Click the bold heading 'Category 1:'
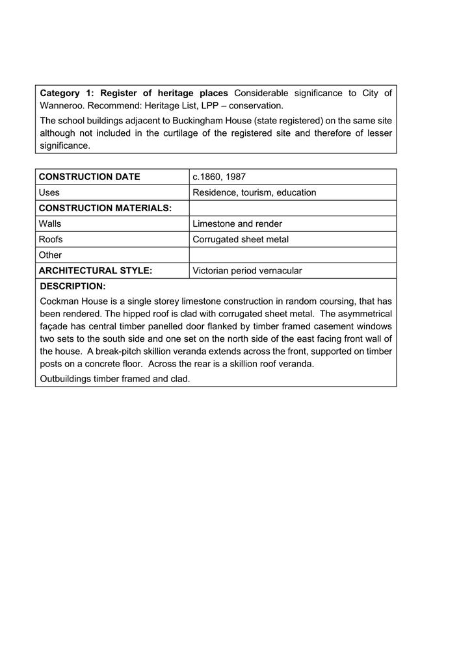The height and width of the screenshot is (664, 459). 67,93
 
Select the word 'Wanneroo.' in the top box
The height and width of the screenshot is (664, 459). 62,105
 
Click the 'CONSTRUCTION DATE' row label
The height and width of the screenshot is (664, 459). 89,177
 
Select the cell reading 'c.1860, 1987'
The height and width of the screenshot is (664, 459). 219,177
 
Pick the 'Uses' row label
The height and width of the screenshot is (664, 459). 49,192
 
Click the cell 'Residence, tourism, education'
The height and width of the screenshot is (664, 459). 254,192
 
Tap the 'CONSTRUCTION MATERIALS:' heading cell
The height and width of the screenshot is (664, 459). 105,208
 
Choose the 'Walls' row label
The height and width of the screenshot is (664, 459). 50,223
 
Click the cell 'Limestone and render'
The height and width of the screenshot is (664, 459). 237,223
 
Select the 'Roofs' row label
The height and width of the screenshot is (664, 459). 51,239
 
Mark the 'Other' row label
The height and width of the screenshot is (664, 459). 50,255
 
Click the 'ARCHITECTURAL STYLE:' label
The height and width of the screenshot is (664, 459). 96,271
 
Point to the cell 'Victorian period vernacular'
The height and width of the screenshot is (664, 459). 247,271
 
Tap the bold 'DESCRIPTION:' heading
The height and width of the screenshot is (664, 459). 73,287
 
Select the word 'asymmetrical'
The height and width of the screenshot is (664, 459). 365,314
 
